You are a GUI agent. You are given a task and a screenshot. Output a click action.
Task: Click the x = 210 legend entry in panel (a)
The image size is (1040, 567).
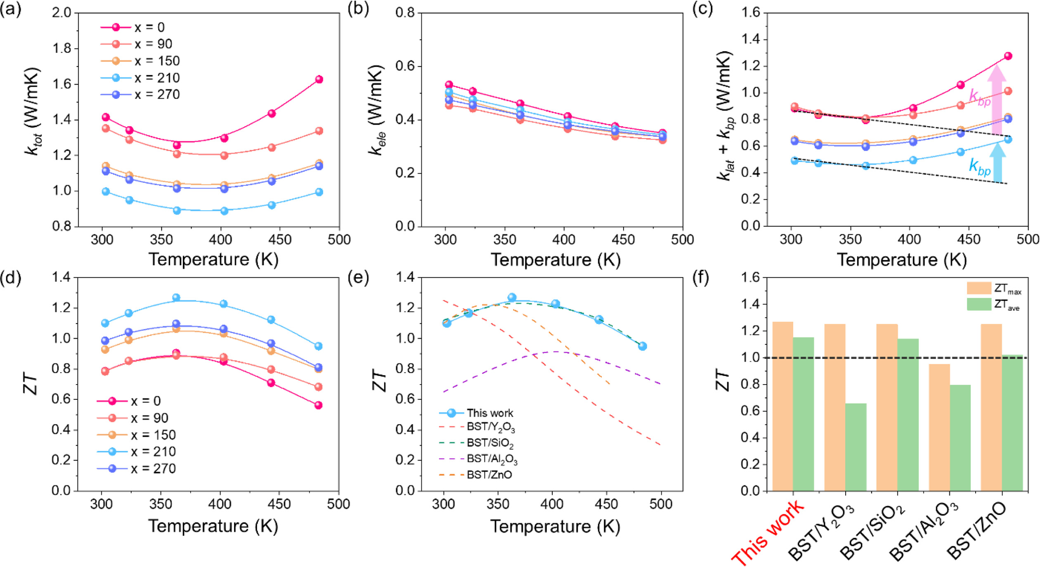[x=140, y=78]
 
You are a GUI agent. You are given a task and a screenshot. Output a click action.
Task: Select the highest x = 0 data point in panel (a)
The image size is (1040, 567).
[x=319, y=79]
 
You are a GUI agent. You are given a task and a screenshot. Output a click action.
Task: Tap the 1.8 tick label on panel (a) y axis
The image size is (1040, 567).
[x=62, y=49]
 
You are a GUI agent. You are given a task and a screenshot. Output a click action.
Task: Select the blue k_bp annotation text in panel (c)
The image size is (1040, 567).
[x=980, y=167]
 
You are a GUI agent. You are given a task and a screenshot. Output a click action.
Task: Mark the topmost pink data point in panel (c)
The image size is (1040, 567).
[x=1008, y=56]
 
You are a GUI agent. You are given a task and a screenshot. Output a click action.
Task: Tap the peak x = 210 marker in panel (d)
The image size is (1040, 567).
[x=176, y=298]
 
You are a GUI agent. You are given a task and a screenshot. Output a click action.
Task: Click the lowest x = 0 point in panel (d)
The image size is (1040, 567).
[x=318, y=405]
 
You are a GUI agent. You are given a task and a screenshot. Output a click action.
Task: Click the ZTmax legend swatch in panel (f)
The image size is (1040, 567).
[x=979, y=288]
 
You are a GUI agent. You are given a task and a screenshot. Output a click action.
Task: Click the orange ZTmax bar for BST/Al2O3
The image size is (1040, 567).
[x=939, y=427]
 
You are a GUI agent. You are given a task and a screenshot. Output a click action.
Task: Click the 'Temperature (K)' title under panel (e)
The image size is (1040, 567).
[x=555, y=527]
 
